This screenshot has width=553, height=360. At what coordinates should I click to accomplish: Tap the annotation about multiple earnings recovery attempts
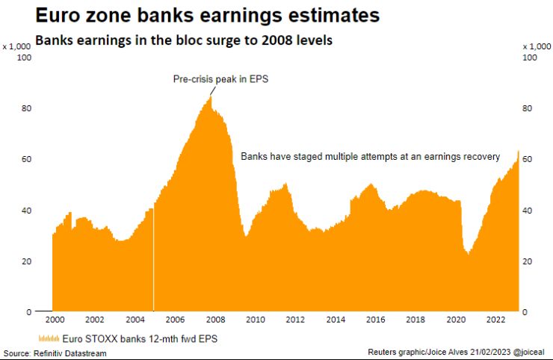pyautogui.click(x=370, y=156)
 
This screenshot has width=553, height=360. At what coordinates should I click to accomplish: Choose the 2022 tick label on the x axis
pyautogui.click(x=493, y=320)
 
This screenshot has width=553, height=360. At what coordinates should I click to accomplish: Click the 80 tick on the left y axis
pyautogui.click(x=26, y=108)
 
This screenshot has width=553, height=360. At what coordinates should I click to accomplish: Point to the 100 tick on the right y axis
pyautogui.click(x=530, y=58)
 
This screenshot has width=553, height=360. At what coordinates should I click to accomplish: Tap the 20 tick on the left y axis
pyautogui.click(x=26, y=261)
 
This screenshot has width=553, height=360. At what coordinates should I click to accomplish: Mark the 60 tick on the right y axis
pyautogui.click(x=528, y=159)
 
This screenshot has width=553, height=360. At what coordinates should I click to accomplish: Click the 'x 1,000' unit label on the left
pyautogui.click(x=16, y=46)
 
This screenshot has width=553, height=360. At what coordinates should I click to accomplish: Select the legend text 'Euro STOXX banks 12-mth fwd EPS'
pyautogui.click(x=128, y=338)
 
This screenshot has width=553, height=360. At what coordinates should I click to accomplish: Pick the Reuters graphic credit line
pyautogui.click(x=456, y=352)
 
